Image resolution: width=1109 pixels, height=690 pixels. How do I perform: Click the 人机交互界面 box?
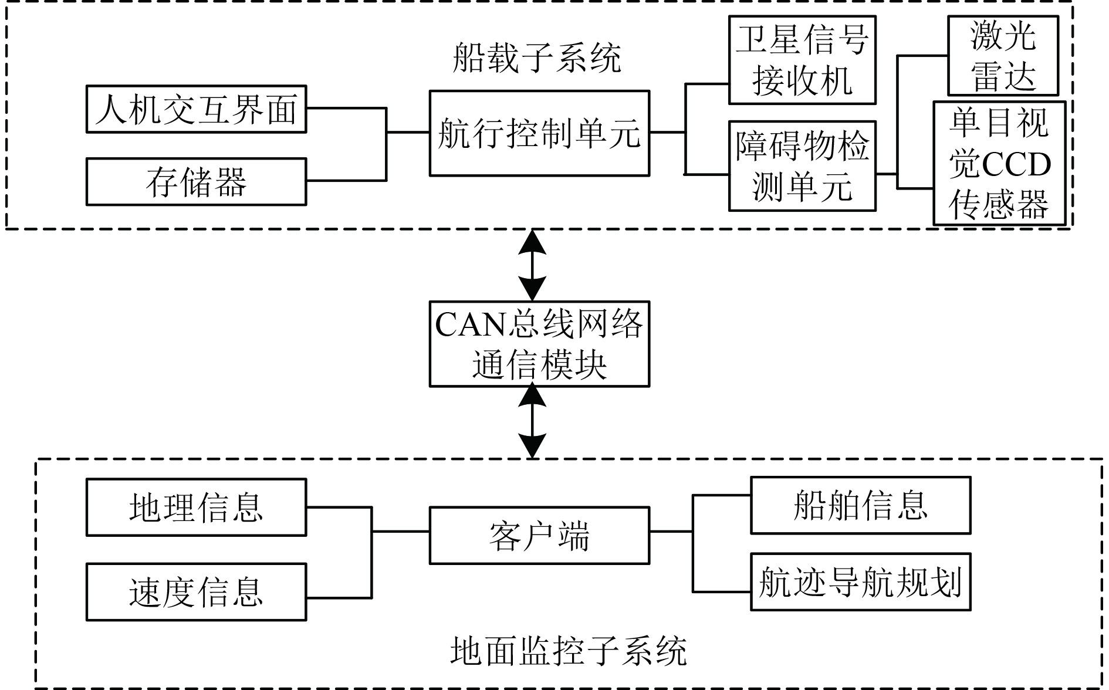(196, 110)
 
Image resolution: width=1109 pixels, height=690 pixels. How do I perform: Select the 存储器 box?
(196, 182)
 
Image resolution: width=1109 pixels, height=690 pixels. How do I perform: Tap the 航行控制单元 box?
(539, 133)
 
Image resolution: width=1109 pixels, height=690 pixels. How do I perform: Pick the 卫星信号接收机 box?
(802, 60)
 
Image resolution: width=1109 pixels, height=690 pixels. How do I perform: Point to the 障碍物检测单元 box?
(802, 166)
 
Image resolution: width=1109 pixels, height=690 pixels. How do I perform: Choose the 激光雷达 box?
(1003, 56)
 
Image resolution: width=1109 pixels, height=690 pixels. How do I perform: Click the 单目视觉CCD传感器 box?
(999, 163)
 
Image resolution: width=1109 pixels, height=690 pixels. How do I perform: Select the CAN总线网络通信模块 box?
(539, 344)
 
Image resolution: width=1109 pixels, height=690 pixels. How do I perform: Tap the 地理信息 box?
(196, 508)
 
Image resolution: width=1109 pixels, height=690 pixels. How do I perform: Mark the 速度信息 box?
(196, 592)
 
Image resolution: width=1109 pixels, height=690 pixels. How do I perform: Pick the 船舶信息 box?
(860, 505)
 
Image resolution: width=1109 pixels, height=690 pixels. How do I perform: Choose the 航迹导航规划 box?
(860, 582)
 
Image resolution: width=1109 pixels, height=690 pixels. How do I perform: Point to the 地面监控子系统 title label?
(568, 651)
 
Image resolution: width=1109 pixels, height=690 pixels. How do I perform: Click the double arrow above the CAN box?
(532, 265)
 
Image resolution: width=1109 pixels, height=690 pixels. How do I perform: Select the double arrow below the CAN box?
(532, 421)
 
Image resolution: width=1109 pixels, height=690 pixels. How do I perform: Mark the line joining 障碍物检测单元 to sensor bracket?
(886, 174)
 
